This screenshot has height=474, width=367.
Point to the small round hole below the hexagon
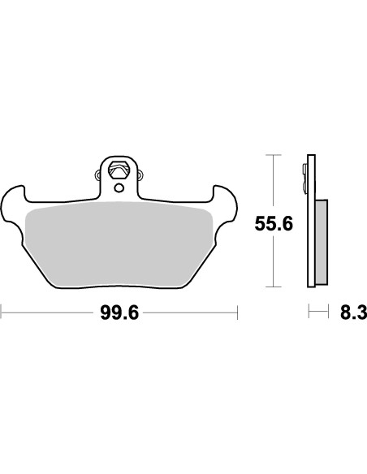tap(119, 188)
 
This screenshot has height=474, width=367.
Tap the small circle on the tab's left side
tap(99, 173)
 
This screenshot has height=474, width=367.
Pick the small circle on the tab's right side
tap(139, 173)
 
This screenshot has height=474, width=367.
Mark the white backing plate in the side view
tap(310, 243)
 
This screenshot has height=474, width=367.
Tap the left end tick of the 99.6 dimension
tap(2, 312)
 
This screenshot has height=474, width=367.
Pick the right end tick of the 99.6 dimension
tap(235, 312)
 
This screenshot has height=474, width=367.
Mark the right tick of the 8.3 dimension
tap(327, 312)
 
